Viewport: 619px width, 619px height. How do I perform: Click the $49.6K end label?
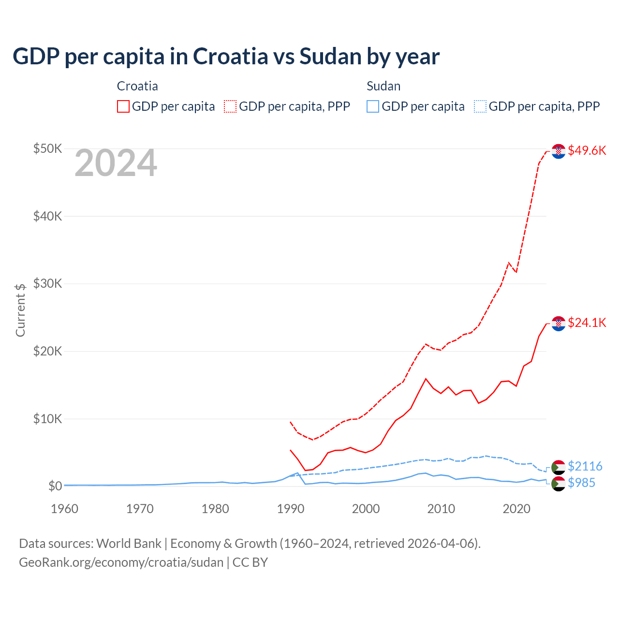pyautogui.click(x=587, y=150)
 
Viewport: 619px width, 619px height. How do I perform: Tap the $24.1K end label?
pyautogui.click(x=587, y=323)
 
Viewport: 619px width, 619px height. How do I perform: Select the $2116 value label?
pyautogui.click(x=585, y=466)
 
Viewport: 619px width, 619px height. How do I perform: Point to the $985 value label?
pyautogui.click(x=581, y=483)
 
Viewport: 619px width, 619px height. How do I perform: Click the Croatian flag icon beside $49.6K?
pyautogui.click(x=559, y=151)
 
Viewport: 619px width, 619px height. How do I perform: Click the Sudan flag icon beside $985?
pyautogui.click(x=559, y=484)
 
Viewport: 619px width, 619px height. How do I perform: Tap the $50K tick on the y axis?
pyautogui.click(x=47, y=148)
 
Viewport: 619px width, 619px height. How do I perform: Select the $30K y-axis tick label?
pyautogui.click(x=47, y=283)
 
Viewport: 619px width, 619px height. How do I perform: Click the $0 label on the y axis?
pyautogui.click(x=55, y=486)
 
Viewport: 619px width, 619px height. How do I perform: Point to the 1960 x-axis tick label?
pyautogui.click(x=64, y=509)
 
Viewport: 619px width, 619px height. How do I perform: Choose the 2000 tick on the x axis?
pyautogui.click(x=366, y=509)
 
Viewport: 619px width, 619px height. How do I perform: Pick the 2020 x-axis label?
pyautogui.click(x=516, y=509)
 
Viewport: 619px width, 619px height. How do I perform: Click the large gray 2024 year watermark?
pyautogui.click(x=116, y=163)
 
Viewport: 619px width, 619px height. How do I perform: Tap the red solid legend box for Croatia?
pyautogui.click(x=123, y=106)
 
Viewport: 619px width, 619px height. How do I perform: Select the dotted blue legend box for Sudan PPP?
pyautogui.click(x=480, y=106)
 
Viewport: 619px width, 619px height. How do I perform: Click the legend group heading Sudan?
pyautogui.click(x=383, y=86)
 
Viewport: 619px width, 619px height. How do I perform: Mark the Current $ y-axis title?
pyautogui.click(x=20, y=310)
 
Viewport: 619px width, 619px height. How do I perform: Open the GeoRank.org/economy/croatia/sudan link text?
pyautogui.click(x=121, y=562)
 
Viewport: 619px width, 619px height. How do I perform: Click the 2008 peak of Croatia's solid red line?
pyautogui.click(x=426, y=379)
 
